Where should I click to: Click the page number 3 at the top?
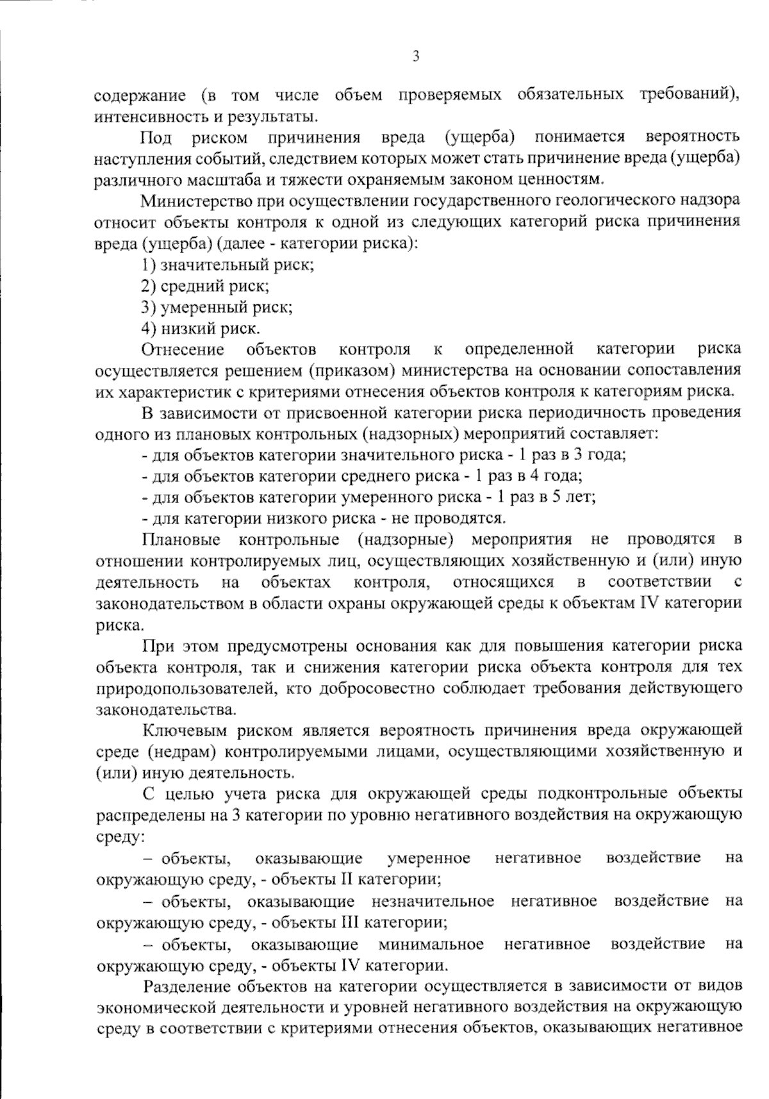pos(415,57)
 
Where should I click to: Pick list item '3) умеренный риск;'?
pos(217,307)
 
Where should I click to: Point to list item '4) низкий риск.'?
pos(201,329)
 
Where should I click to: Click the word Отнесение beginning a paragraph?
pos(183,349)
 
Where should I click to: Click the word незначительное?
pos(433,901)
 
